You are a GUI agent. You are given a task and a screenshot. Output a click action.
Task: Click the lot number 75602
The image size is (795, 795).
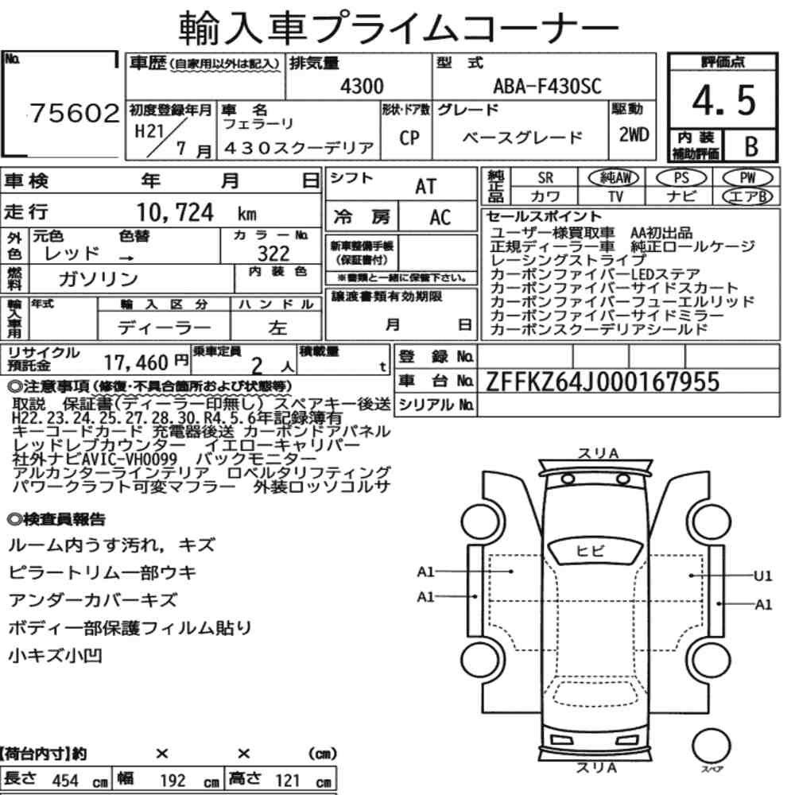(75, 113)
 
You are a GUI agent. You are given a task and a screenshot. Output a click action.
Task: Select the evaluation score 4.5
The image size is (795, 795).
(724, 100)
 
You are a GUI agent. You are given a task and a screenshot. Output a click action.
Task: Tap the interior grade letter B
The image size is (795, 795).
(751, 146)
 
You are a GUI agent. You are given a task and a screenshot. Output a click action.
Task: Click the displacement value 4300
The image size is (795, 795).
(362, 86)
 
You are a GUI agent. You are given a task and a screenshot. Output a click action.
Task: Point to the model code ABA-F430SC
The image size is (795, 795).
(547, 86)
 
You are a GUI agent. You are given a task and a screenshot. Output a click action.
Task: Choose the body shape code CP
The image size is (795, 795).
(409, 138)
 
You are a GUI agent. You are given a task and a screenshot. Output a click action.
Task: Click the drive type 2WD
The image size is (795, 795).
(634, 134)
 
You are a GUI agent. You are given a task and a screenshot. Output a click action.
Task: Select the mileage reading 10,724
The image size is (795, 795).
(175, 212)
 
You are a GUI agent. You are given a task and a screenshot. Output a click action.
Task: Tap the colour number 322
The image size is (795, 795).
(273, 253)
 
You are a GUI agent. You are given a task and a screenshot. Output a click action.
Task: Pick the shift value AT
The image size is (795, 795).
(426, 187)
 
